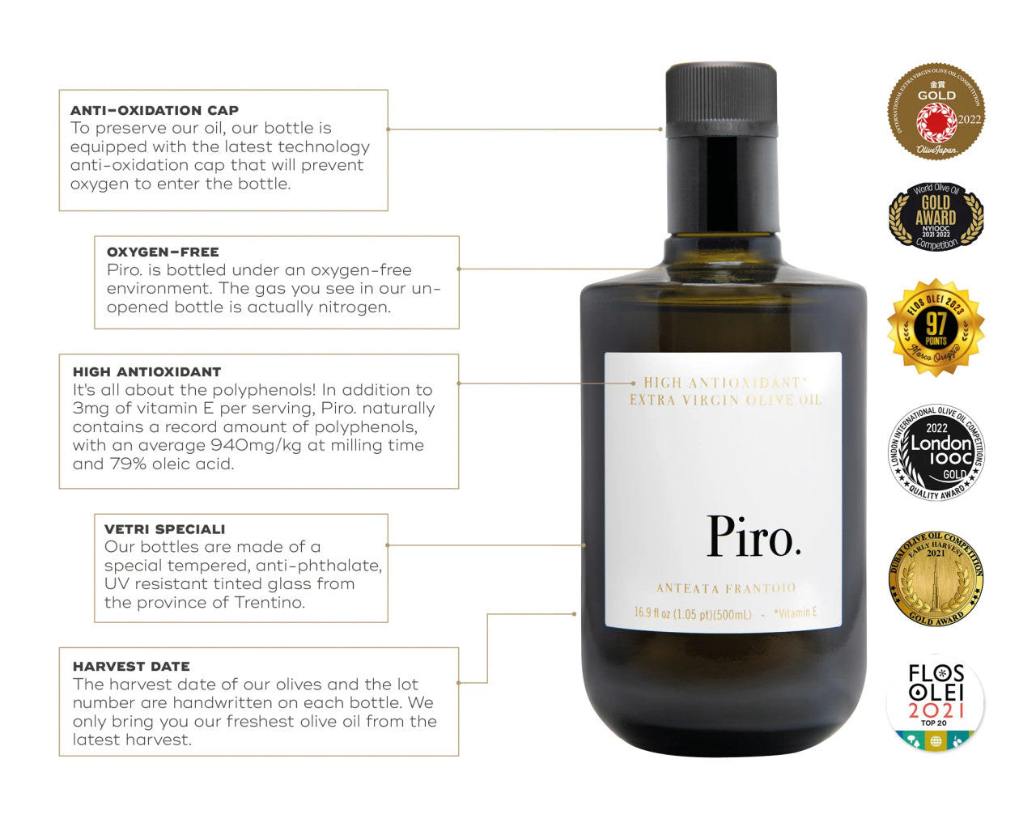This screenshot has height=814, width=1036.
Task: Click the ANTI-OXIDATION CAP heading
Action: [154, 110]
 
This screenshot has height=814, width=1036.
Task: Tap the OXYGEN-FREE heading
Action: [163, 252]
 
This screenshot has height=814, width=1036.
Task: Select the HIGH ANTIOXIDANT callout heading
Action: [146, 371]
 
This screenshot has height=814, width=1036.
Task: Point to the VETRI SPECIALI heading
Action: [164, 529]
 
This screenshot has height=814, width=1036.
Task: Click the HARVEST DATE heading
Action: [131, 666]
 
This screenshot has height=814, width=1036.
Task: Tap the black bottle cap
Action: [721, 97]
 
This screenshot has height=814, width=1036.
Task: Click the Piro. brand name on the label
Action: [754, 536]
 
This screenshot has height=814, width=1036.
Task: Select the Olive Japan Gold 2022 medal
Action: [936, 112]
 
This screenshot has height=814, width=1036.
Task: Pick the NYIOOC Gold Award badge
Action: [936, 216]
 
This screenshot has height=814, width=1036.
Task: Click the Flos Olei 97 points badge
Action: [936, 328]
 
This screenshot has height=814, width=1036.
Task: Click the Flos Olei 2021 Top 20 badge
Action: [936, 702]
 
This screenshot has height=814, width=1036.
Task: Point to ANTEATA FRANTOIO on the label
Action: [725, 588]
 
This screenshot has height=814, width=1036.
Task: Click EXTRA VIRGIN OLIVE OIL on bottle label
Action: [725, 400]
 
